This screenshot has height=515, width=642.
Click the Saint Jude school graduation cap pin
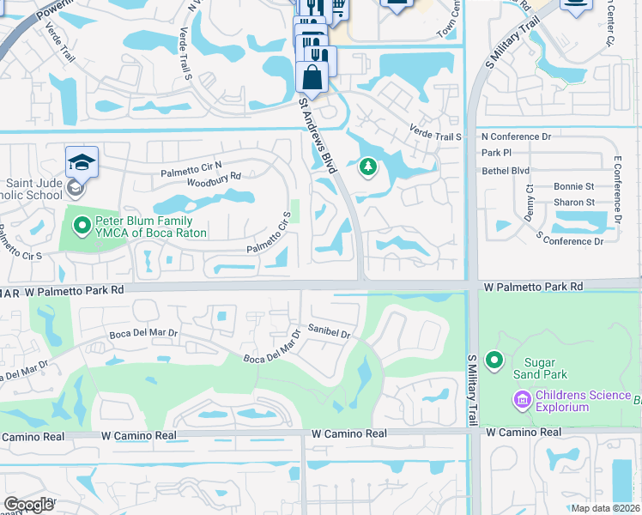(x=82, y=162)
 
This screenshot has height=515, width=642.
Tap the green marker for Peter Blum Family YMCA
(x=82, y=227)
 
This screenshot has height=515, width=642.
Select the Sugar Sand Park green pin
(x=494, y=361)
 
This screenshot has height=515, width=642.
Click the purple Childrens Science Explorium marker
(x=522, y=399)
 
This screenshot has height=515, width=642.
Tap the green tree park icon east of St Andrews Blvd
(x=368, y=166)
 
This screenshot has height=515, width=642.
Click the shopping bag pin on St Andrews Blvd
(x=312, y=77)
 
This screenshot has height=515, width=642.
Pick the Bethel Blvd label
(x=506, y=171)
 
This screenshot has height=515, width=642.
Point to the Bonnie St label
(x=574, y=186)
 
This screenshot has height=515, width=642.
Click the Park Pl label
(x=496, y=153)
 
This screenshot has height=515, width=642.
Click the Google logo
(x=29, y=504)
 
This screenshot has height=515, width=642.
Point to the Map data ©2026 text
(x=605, y=508)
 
